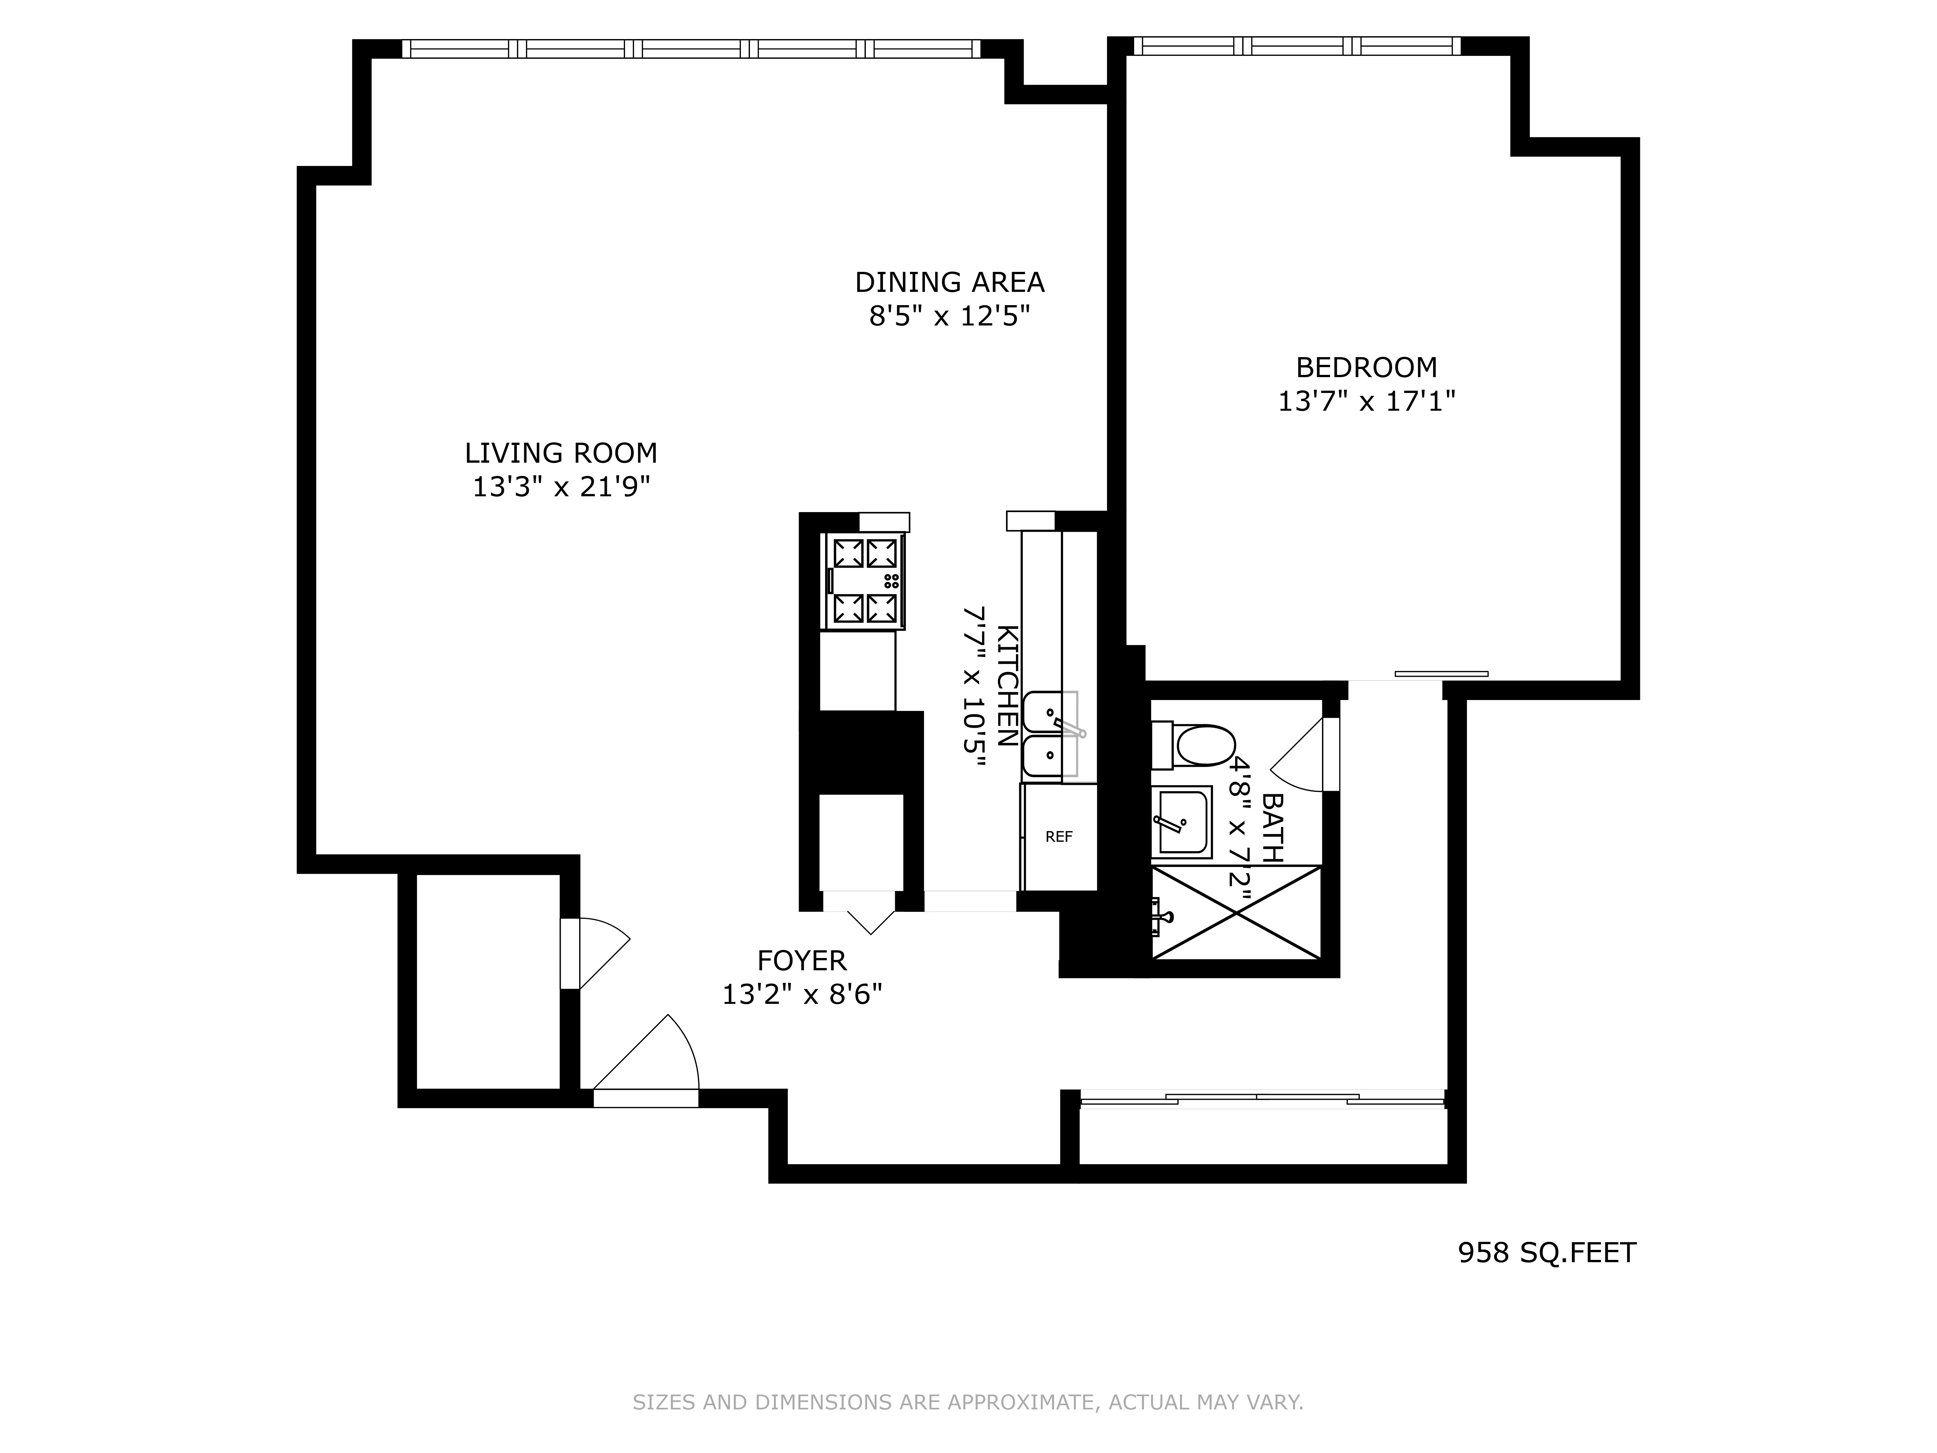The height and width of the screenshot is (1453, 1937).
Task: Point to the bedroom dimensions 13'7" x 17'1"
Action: (x=1366, y=401)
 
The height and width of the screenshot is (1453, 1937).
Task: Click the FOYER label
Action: (x=801, y=961)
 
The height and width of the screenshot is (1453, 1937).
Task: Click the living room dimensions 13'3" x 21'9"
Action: (x=560, y=487)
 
